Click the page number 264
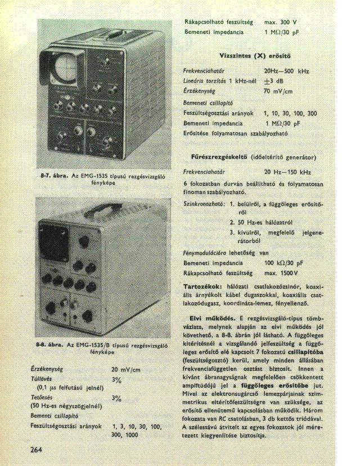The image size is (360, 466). [x=37, y=449]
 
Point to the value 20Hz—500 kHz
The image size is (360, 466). [x=286, y=71]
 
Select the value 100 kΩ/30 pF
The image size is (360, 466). [x=283, y=263]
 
